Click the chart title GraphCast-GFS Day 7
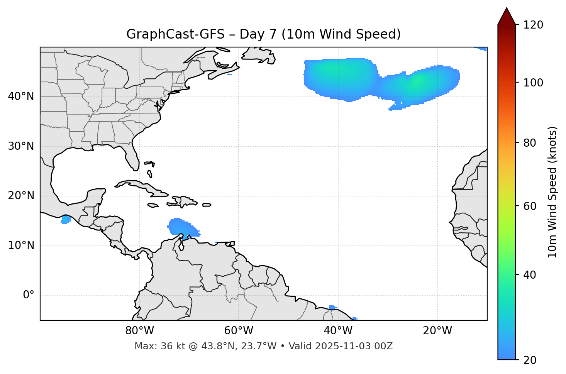click(263, 34)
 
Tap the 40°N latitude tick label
click(21, 96)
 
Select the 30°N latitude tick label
click(21, 146)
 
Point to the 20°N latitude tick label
click(21, 196)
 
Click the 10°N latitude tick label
click(21, 245)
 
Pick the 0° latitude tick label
click(29, 295)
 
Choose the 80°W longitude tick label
click(139, 331)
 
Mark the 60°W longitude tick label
click(239, 331)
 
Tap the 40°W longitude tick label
click(338, 331)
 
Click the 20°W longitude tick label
click(437, 331)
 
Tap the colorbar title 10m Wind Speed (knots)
click(552, 192)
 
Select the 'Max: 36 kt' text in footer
click(153, 346)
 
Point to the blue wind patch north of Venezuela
click(181, 228)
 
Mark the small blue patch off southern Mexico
click(65, 220)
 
